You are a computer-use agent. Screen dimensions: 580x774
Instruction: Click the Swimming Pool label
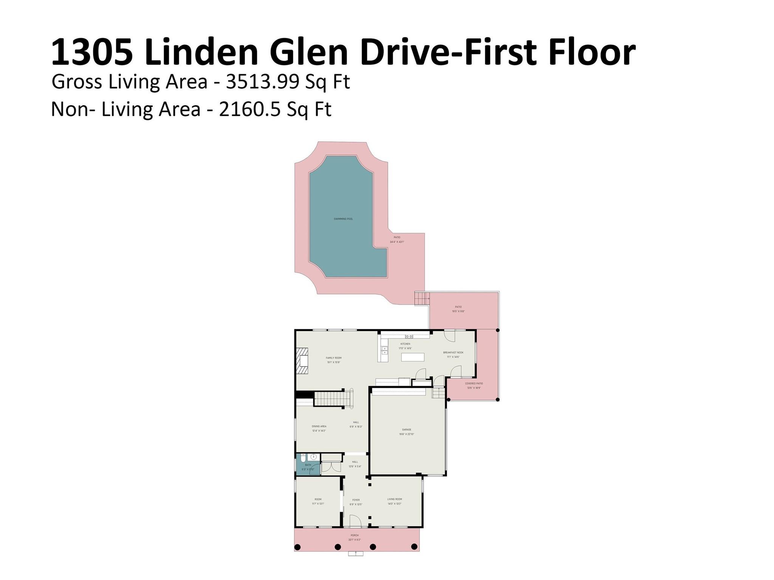(343, 219)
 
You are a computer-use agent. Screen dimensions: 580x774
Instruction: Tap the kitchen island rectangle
(413, 357)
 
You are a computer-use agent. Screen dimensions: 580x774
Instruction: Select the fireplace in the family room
(302, 361)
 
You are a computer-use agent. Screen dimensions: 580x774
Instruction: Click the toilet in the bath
(303, 458)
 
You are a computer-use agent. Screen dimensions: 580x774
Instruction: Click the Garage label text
(406, 430)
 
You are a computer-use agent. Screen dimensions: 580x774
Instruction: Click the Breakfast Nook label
(453, 353)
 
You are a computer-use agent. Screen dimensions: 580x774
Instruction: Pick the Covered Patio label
(474, 384)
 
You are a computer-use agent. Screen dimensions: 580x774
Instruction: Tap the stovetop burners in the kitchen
(409, 336)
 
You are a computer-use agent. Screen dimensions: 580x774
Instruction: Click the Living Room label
(395, 499)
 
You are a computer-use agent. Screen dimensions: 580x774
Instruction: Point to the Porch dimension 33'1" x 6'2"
(354, 540)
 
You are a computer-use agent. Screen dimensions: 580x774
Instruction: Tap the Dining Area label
(319, 426)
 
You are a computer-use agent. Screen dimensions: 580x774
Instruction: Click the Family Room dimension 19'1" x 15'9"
(334, 362)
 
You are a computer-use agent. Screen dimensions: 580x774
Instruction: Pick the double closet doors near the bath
(331, 467)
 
